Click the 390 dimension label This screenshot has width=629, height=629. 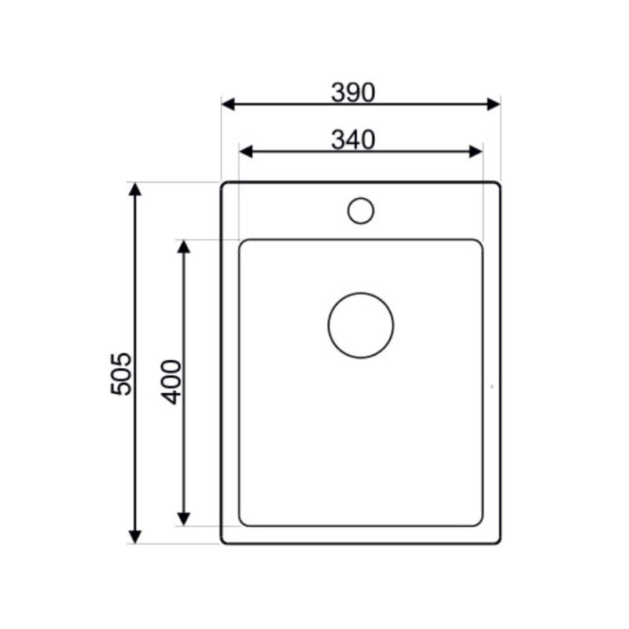click(x=353, y=92)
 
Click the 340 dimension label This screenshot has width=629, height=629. click(x=353, y=140)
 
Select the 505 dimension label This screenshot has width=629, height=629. click(x=121, y=374)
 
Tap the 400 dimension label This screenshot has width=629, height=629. click(x=171, y=382)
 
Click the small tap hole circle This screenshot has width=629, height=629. click(x=361, y=198)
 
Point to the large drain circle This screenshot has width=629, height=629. click(x=361, y=292)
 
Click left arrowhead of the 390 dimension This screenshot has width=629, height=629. click(x=228, y=104)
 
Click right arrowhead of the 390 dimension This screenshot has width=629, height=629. click(x=494, y=104)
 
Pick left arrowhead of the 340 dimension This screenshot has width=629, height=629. click(x=245, y=152)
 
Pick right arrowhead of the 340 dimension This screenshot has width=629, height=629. click(x=476, y=152)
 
